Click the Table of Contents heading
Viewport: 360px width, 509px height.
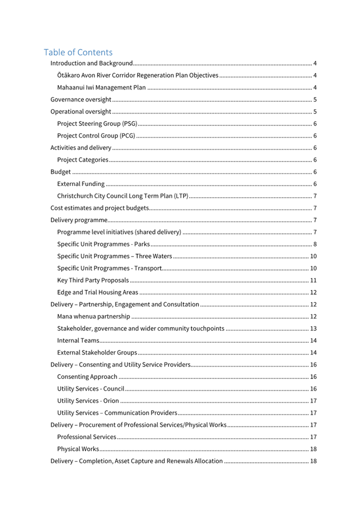point(78,52)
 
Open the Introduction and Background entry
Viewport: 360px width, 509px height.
point(91,63)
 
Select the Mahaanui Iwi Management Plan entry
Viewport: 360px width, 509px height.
point(101,87)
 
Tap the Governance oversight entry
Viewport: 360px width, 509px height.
point(81,100)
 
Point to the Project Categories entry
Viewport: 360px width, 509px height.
point(83,160)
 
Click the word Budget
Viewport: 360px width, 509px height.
point(60,172)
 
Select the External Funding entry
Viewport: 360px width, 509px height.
point(81,184)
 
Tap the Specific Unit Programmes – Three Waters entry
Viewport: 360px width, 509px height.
point(114,256)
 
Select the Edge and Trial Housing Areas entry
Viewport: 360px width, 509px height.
point(97,292)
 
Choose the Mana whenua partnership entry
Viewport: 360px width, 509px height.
point(93,317)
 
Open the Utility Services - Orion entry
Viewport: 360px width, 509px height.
point(88,401)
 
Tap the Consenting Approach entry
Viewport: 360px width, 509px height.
point(87,377)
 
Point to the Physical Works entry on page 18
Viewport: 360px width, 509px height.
point(78,449)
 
